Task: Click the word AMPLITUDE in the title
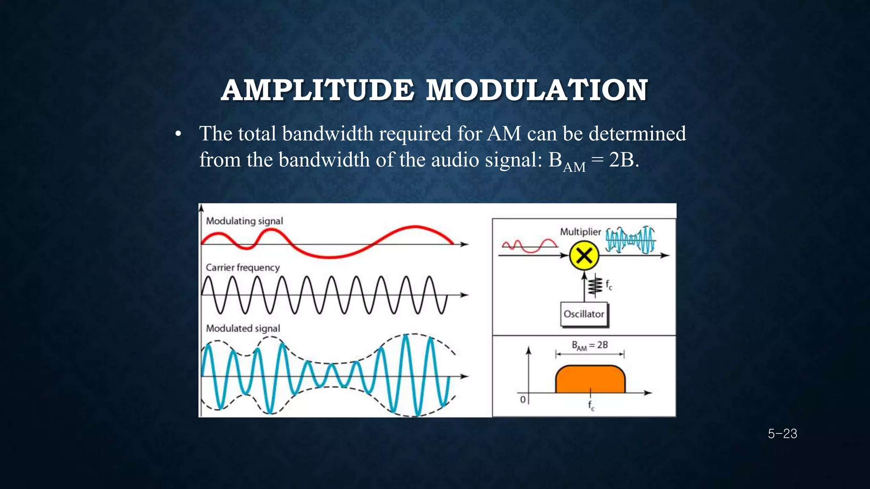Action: pyautogui.click(x=317, y=90)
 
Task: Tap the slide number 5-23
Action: pyautogui.click(x=782, y=434)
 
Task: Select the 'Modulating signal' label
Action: pyautogui.click(x=244, y=221)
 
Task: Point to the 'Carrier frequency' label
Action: pyautogui.click(x=243, y=267)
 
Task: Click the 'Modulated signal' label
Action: pyautogui.click(x=243, y=328)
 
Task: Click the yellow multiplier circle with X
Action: pyautogui.click(x=584, y=256)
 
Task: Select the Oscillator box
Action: pyautogui.click(x=584, y=314)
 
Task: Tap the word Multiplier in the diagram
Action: pyautogui.click(x=580, y=232)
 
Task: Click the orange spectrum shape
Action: pyautogui.click(x=590, y=379)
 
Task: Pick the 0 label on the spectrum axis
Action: pyautogui.click(x=523, y=399)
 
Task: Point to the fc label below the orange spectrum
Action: pyautogui.click(x=591, y=405)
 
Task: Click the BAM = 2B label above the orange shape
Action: pyautogui.click(x=590, y=345)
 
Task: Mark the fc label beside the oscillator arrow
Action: pyautogui.click(x=609, y=285)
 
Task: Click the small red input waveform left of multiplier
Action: pyautogui.click(x=529, y=245)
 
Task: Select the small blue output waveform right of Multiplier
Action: pyautogui.click(x=630, y=240)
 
